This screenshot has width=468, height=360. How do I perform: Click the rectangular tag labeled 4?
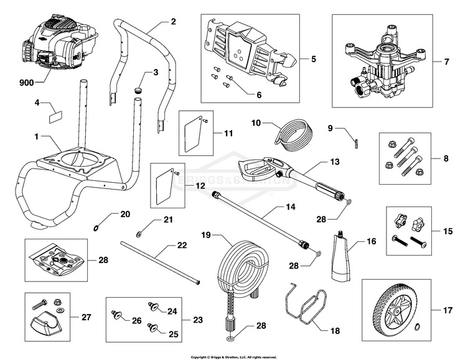pos(56,115)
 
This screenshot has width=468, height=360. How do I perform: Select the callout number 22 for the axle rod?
pos(182,246)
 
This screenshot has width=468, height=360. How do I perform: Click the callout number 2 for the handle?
pos(173,22)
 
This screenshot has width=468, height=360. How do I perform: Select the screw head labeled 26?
pos(116,316)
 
